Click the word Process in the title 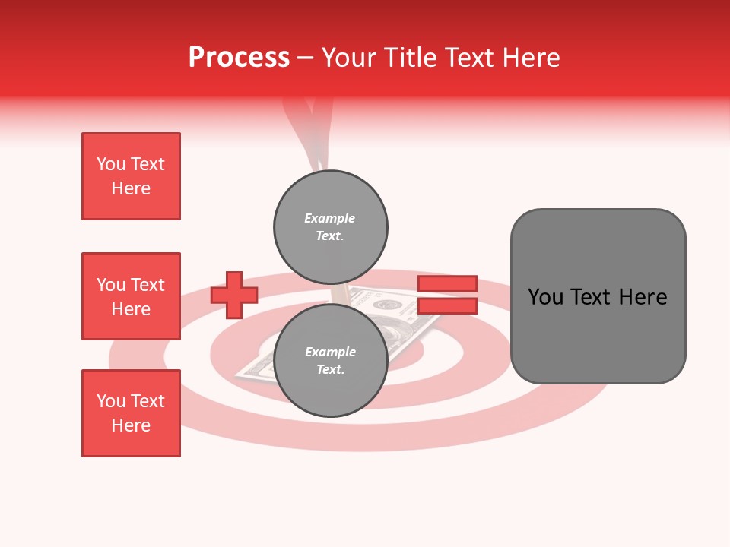[239, 58]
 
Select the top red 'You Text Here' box [131, 176]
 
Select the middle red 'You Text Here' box [131, 296]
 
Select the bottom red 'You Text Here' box [131, 413]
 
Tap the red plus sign [234, 295]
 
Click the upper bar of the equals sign [447, 283]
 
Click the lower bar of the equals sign [447, 306]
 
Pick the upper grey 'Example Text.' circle [330, 227]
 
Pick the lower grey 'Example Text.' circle [330, 361]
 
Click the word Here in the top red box [131, 189]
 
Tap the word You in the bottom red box [111, 401]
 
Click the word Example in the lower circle [330, 352]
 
